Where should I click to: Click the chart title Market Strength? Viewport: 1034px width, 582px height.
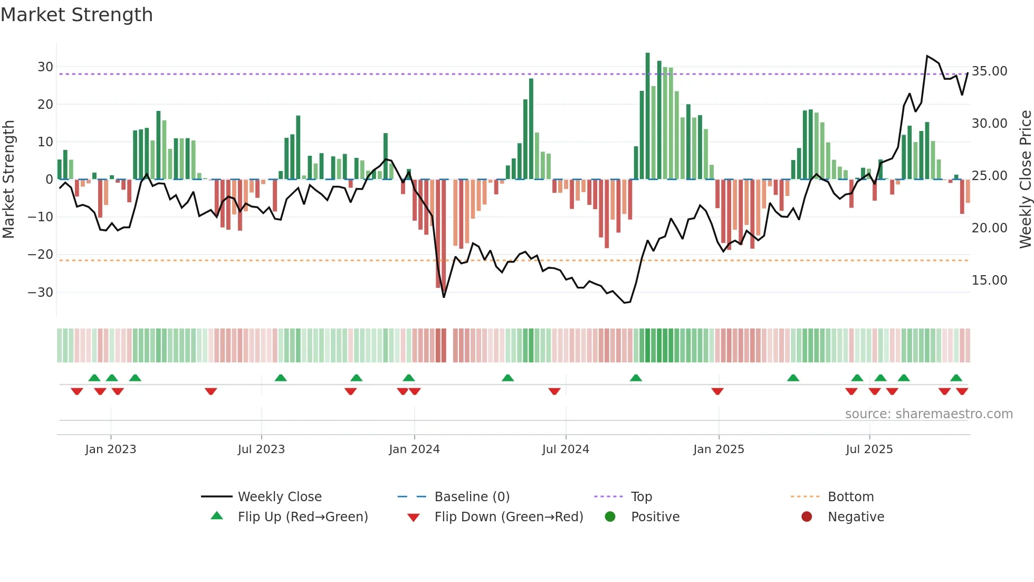click(x=76, y=15)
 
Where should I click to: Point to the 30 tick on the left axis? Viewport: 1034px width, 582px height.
click(x=45, y=67)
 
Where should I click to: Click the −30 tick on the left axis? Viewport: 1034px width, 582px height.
click(x=41, y=293)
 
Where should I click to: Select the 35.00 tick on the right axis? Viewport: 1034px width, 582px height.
click(x=989, y=71)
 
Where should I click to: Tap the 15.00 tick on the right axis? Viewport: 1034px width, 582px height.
click(x=989, y=280)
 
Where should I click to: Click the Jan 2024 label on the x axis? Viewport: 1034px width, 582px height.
click(x=414, y=449)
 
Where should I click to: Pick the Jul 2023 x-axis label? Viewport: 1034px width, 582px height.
click(x=261, y=449)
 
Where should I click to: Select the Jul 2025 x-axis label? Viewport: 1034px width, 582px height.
click(x=869, y=449)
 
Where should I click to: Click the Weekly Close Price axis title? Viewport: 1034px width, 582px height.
click(x=1025, y=180)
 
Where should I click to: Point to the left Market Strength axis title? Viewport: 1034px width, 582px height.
click(x=8, y=180)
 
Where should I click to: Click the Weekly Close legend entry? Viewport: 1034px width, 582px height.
click(x=279, y=497)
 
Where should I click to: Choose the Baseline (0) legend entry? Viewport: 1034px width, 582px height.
click(x=472, y=497)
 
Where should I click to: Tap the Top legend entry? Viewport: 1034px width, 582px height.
click(x=641, y=497)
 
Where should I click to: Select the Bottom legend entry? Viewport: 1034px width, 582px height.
click(x=850, y=497)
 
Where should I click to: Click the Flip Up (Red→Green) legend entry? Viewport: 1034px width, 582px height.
click(x=302, y=517)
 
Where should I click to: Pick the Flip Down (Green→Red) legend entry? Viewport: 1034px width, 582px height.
click(x=508, y=517)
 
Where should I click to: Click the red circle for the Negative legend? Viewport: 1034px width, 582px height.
click(x=807, y=517)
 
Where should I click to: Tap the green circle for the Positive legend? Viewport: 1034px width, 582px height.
click(x=610, y=517)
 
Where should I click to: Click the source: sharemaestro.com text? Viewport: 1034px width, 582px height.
click(x=928, y=414)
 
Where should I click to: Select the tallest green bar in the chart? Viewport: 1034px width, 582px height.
click(x=648, y=116)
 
